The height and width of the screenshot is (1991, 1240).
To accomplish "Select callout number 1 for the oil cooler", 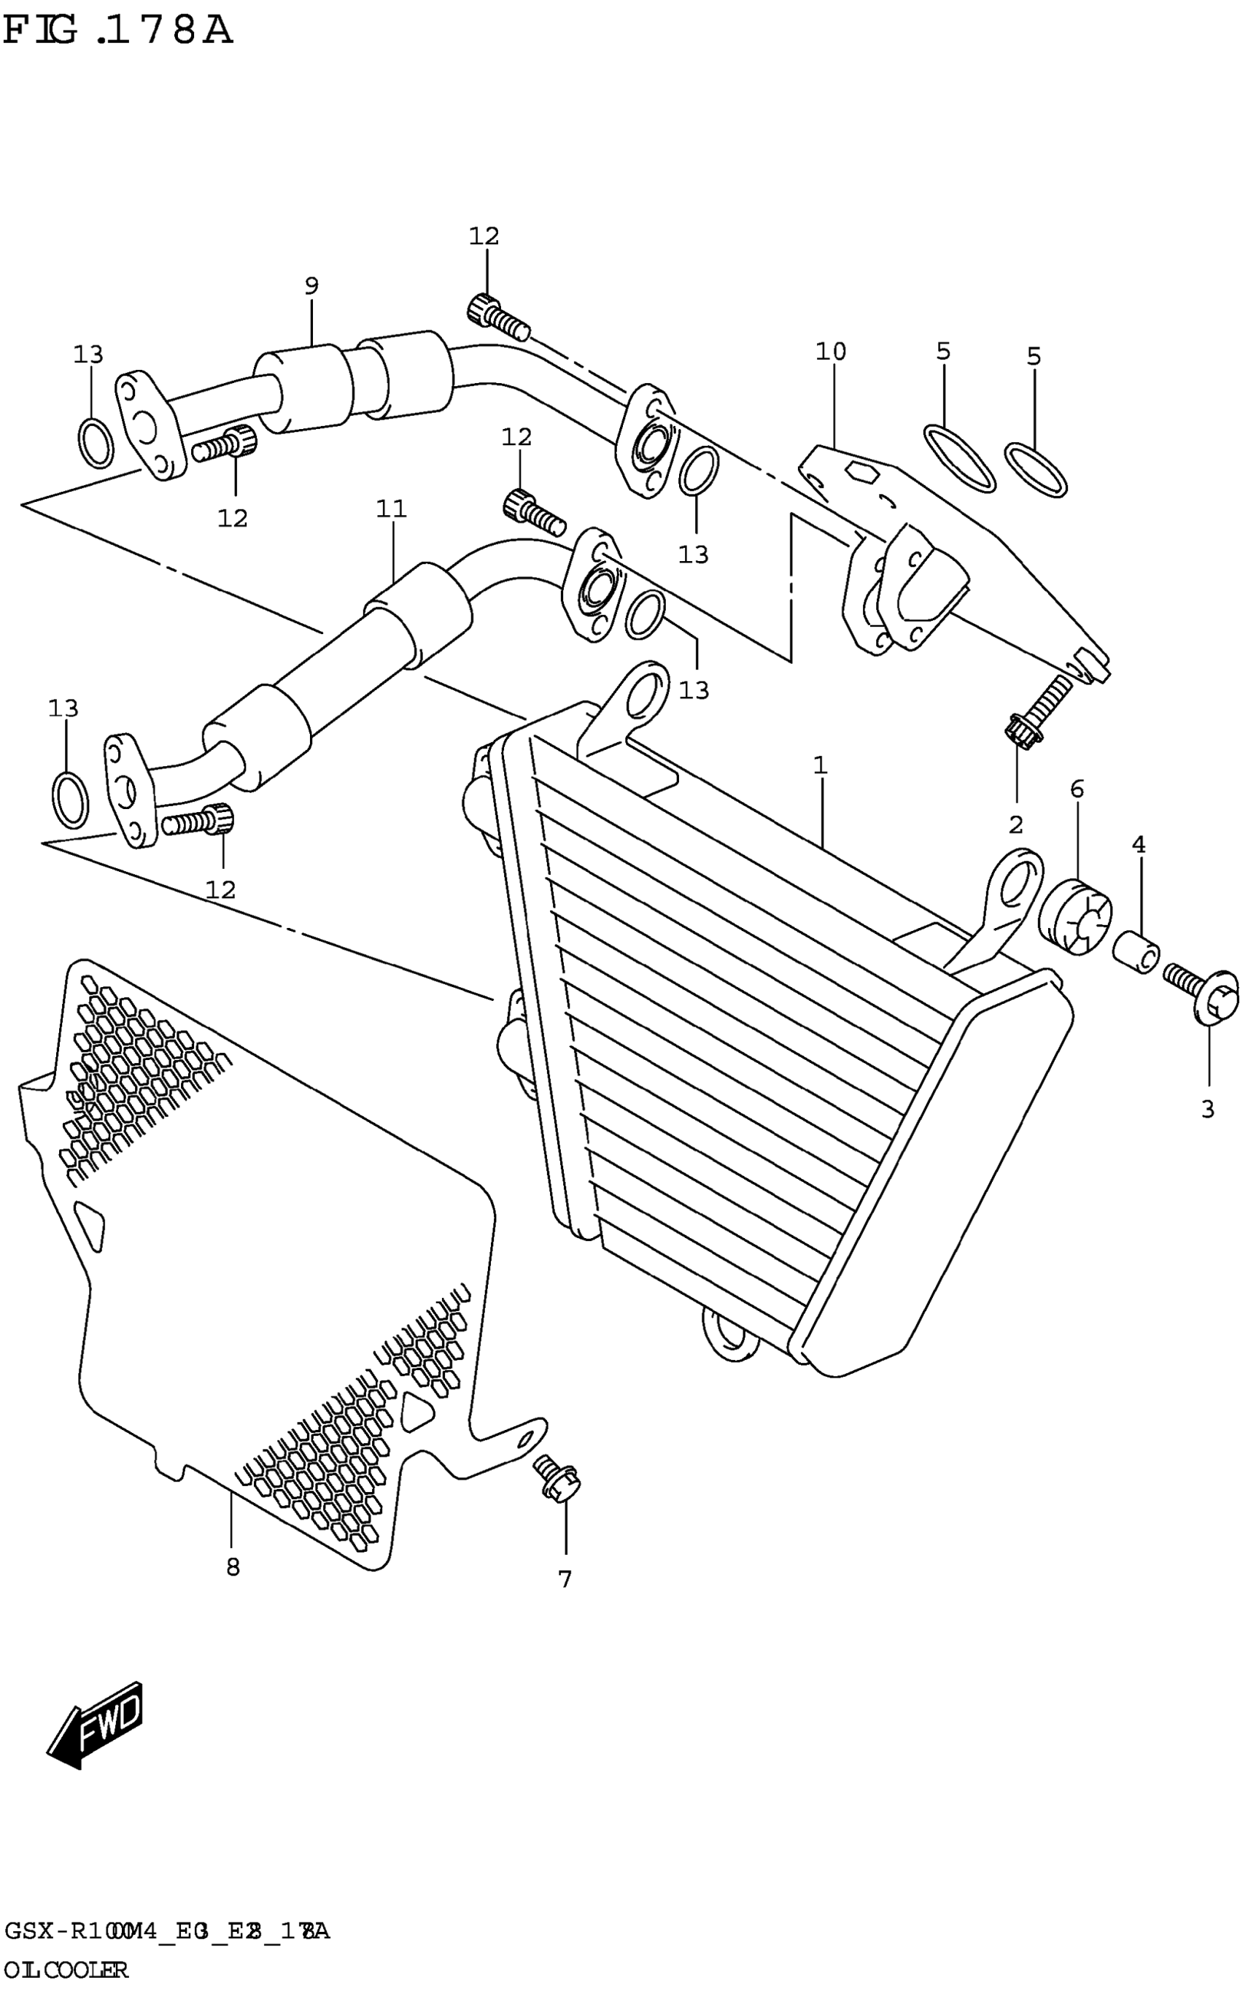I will [x=819, y=765].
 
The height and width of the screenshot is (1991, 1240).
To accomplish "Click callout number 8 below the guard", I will [x=233, y=1567].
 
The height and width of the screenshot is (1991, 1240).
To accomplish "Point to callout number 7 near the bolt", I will [x=565, y=1579].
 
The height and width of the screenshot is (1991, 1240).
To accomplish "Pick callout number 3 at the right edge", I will [x=1207, y=1110].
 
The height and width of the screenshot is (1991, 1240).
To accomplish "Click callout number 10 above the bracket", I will [x=830, y=351].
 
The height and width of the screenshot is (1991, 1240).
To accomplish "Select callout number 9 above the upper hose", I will [x=311, y=286].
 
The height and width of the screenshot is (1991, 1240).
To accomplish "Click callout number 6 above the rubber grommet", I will [x=1077, y=789].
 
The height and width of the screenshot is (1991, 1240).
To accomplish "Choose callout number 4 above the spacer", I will [x=1139, y=844].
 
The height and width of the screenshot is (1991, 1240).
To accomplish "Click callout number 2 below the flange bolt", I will [x=1015, y=825].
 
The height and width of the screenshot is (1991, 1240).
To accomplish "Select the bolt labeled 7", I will [x=558, y=1476].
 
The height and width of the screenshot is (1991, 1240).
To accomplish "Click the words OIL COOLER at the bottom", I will [x=66, y=1970].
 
